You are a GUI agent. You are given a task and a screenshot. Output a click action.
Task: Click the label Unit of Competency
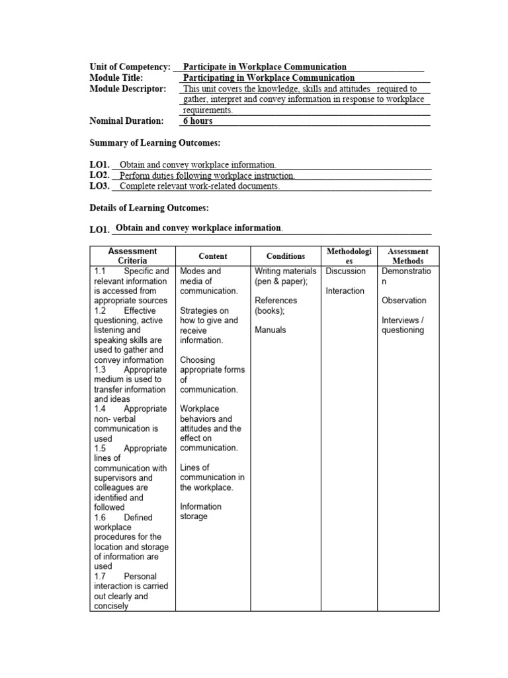[130, 67]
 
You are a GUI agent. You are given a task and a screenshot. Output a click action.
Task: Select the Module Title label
[116, 77]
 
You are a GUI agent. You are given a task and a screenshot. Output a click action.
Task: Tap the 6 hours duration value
[198, 121]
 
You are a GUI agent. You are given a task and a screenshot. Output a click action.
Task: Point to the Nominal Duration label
[126, 121]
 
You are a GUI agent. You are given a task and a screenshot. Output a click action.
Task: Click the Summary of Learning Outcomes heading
[155, 143]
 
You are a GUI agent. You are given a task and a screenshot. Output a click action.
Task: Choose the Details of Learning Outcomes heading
[149, 208]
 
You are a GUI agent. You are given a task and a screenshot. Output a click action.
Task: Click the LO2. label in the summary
[99, 175]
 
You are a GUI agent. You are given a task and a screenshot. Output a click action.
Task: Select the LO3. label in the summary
[99, 186]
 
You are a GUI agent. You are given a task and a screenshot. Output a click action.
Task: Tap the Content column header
[212, 256]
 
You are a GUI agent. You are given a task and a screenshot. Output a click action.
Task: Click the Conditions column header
[286, 256]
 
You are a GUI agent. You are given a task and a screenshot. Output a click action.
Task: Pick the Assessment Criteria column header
[132, 256]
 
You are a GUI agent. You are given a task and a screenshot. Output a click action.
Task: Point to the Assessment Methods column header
[408, 256]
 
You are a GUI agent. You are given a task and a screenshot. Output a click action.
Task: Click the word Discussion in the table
[345, 271]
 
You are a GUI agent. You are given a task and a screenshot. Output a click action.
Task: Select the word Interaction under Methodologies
[345, 291]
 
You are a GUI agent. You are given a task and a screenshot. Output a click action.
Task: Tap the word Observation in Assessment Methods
[404, 301]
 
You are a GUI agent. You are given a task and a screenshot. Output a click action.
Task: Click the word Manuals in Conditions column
[270, 330]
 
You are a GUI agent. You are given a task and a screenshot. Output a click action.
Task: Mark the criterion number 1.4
[100, 409]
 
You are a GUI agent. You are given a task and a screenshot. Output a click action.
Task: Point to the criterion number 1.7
[100, 577]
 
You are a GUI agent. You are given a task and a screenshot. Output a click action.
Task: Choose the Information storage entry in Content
[200, 512]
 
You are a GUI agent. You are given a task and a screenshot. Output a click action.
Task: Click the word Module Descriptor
[128, 88]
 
